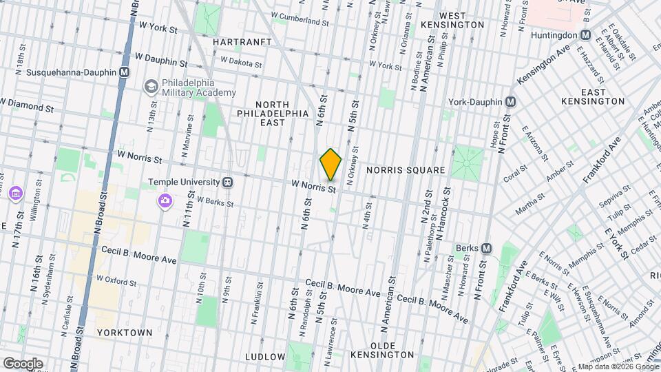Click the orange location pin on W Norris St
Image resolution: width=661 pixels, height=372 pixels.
(x=331, y=165)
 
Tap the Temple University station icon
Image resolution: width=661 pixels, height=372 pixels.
(x=227, y=183)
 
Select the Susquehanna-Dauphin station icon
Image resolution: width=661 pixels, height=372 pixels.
(x=124, y=72)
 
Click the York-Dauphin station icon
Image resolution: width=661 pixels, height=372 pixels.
(x=510, y=101)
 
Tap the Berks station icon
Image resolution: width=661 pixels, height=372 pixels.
(x=486, y=248)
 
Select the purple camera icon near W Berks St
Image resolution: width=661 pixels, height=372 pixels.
(x=165, y=200)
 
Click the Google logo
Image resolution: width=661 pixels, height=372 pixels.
(x=23, y=363)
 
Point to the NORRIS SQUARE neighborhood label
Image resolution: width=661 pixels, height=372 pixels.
(x=406, y=169)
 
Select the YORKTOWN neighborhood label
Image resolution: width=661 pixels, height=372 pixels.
(x=125, y=332)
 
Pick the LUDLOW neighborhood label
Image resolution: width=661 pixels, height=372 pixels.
(x=265, y=356)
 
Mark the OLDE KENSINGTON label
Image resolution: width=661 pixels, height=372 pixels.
(x=382, y=349)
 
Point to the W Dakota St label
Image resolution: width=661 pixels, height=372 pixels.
(x=240, y=62)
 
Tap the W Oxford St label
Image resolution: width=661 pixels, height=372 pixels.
(x=118, y=279)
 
